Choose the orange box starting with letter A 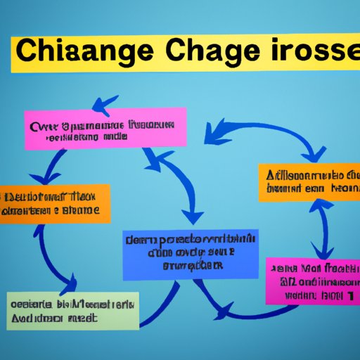310,181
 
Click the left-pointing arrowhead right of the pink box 211,131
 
